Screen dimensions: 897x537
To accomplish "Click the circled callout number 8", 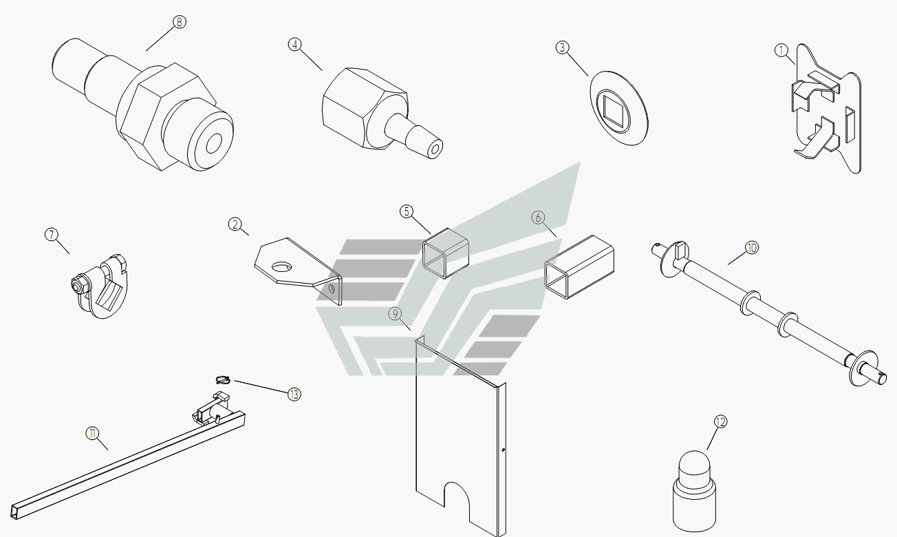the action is click(x=179, y=21).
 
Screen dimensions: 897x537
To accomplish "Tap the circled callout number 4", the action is click(x=295, y=45).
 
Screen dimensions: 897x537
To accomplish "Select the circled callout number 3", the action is click(x=562, y=48).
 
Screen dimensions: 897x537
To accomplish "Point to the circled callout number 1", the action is click(x=781, y=50).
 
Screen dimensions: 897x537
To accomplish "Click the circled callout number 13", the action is click(x=294, y=394).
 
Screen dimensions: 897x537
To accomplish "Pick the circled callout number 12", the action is click(x=720, y=421).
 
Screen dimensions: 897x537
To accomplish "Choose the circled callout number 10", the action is click(x=752, y=248).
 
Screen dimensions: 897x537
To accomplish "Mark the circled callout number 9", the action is click(x=396, y=313).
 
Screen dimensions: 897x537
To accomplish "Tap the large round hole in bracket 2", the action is click(x=282, y=266).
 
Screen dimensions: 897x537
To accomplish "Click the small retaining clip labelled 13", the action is click(x=223, y=379).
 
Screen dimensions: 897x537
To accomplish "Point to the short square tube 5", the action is click(x=445, y=253).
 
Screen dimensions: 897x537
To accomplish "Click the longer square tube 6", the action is click(x=579, y=267).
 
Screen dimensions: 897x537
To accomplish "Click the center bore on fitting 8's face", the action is click(x=214, y=143).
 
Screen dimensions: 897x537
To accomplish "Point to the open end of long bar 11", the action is click(x=14, y=512).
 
